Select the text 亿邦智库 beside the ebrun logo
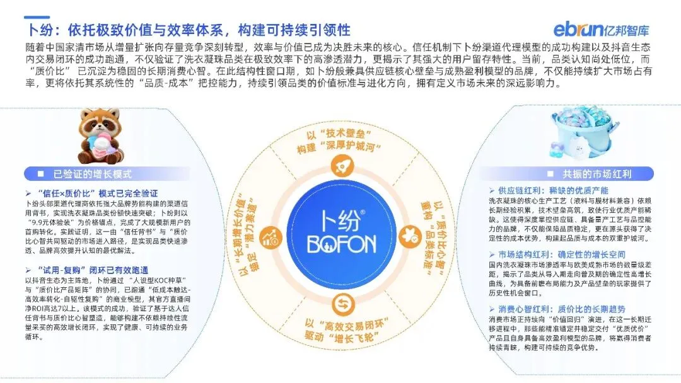pos(627,29)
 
